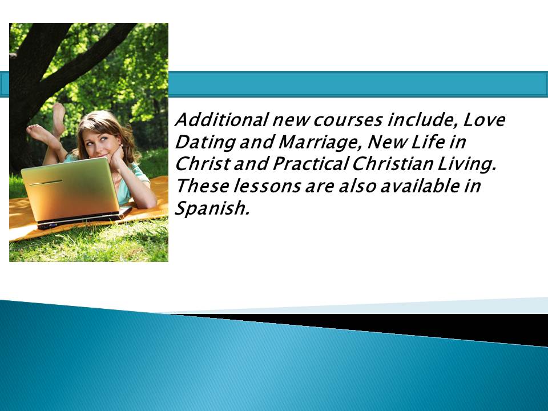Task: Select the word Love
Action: click(x=484, y=119)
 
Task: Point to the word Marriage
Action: click(x=320, y=143)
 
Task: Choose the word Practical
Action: click(x=311, y=164)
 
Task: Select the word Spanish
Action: click(x=212, y=208)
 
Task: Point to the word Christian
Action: click(x=392, y=164)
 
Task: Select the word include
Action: click(x=422, y=120)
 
